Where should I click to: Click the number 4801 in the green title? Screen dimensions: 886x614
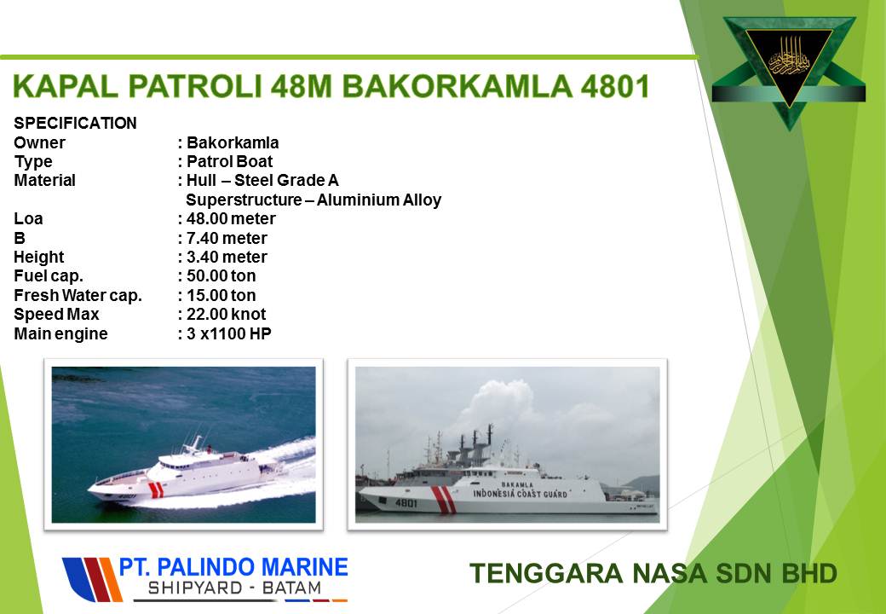pos(615,86)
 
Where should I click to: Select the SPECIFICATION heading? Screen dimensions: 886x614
pos(75,124)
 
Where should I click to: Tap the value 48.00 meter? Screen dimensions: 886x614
pos(231,219)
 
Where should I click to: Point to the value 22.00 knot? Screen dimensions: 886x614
pos(226,315)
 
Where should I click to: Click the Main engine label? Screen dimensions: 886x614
pos(60,334)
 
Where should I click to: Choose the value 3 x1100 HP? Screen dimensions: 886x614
pos(229,334)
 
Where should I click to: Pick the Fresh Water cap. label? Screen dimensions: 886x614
pos(78,296)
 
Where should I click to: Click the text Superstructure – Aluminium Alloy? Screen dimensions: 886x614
pos(314,200)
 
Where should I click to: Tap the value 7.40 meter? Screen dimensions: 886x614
pos(227,238)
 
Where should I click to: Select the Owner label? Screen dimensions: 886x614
pos(39,142)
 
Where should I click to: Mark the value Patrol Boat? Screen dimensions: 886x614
pos(229,162)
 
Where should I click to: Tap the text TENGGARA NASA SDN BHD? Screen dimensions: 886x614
pos(653,573)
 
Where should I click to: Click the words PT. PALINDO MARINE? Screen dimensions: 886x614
pos(233,567)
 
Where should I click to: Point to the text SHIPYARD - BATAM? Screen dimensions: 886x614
pos(234,588)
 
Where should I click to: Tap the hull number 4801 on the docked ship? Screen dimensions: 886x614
pos(406,503)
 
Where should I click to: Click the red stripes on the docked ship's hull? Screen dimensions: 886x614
pos(444,500)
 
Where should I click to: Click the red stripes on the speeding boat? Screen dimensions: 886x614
pos(155,489)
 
